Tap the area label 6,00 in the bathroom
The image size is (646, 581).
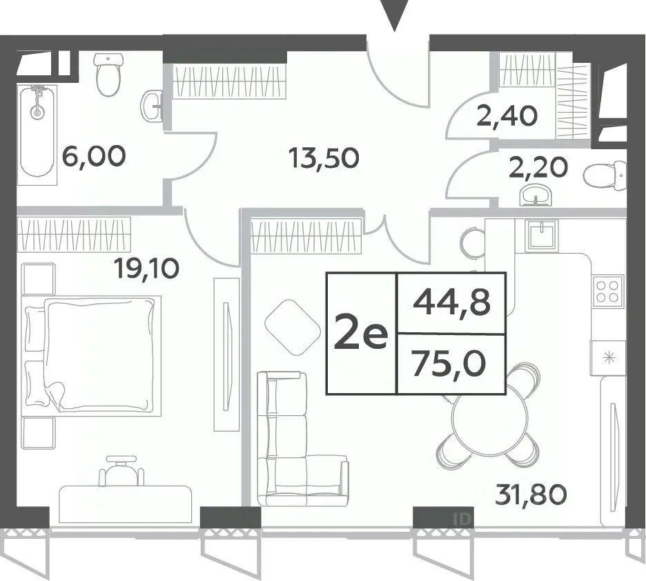click(94, 156)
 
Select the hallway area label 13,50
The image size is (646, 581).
click(324, 158)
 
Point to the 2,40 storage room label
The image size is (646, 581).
click(507, 116)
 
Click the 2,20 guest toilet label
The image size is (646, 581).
click(538, 167)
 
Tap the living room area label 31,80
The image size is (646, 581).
click(531, 495)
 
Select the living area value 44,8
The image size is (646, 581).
click(452, 303)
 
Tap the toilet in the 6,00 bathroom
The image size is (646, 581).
click(109, 75)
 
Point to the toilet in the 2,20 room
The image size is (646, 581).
click(605, 176)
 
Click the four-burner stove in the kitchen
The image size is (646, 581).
click(607, 292)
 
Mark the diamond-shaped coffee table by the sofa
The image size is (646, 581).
click(293, 327)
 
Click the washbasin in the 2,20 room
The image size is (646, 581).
click(535, 196)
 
